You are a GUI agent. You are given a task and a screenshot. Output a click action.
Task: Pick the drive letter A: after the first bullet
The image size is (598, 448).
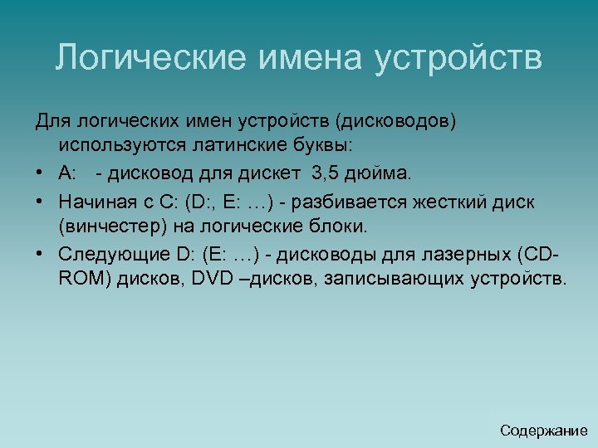click(67, 173)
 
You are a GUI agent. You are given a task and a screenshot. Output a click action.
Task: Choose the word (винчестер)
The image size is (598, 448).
click(108, 226)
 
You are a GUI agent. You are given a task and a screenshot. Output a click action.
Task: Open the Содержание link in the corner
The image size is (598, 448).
click(543, 431)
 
